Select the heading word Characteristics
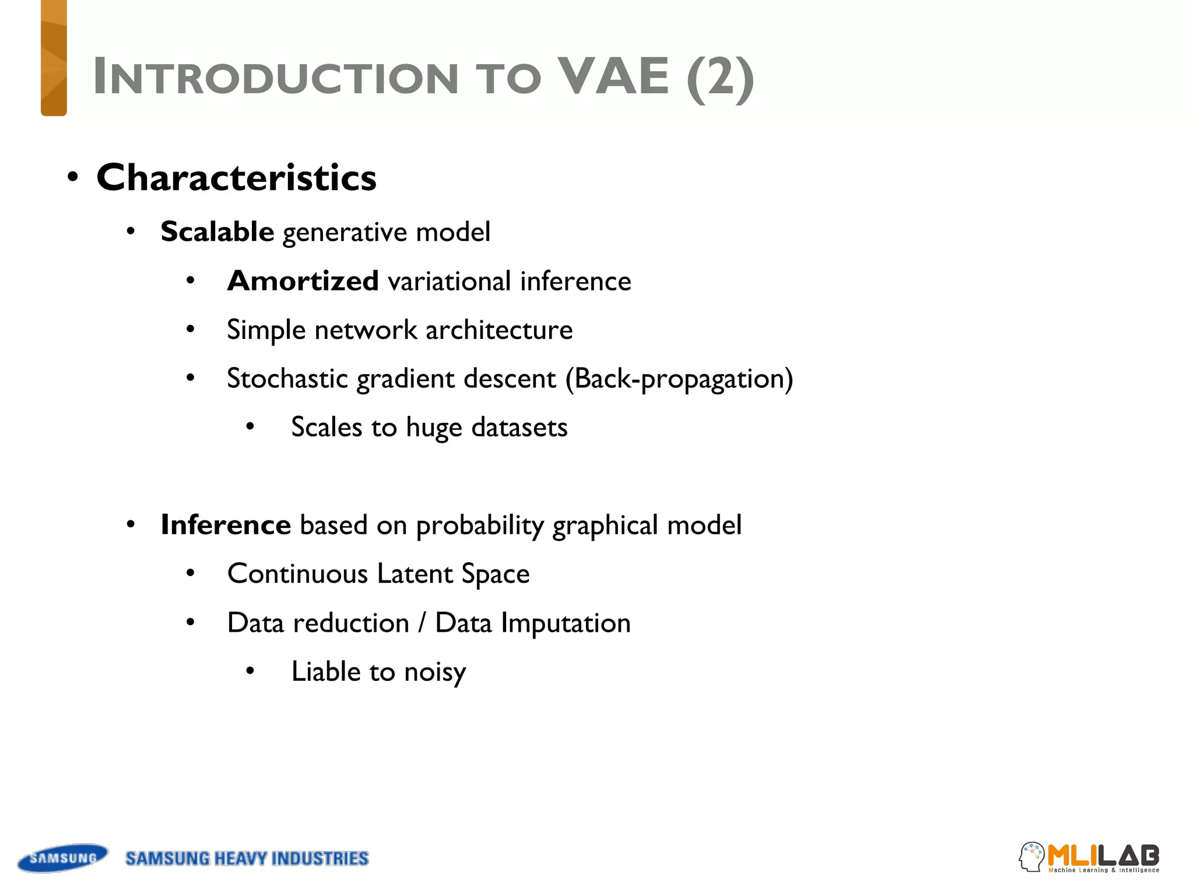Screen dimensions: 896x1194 pos(236,177)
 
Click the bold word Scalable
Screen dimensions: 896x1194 pos(217,232)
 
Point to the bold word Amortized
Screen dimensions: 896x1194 pos(303,281)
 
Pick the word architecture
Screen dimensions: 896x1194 pos(499,330)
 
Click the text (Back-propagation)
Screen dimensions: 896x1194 pos(679,379)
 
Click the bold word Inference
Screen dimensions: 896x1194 pos(226,524)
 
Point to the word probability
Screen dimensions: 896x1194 pos(480,526)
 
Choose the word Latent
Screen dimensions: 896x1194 pos(415,573)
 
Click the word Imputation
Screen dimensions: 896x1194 pos(566,623)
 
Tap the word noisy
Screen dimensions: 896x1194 pos(435,672)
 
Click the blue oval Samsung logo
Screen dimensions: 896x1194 pos(63,858)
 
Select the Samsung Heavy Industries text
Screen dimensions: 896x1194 pos(247,859)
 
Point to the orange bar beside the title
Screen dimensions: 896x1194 pos(54,58)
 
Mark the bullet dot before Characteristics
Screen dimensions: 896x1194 pos(72,177)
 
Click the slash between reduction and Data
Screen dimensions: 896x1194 pos(422,623)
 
